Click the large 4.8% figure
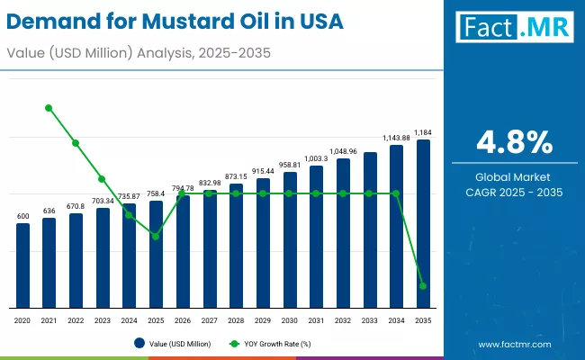[514, 143]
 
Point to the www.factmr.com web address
[515, 344]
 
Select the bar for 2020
[22, 265]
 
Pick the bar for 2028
[236, 245]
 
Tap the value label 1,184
[423, 132]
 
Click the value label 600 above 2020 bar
[22, 216]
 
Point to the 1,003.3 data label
[316, 158]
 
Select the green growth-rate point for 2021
[49, 108]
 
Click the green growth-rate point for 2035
[423, 286]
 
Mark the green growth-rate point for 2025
[156, 237]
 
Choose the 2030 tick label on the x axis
[289, 319]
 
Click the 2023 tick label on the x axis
[103, 319]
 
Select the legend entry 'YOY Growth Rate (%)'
[272, 343]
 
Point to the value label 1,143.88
[396, 138]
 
